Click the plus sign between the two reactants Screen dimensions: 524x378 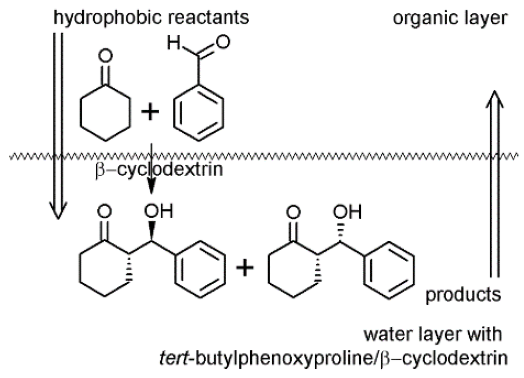tap(150, 113)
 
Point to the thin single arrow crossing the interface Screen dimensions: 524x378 tap(151, 172)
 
